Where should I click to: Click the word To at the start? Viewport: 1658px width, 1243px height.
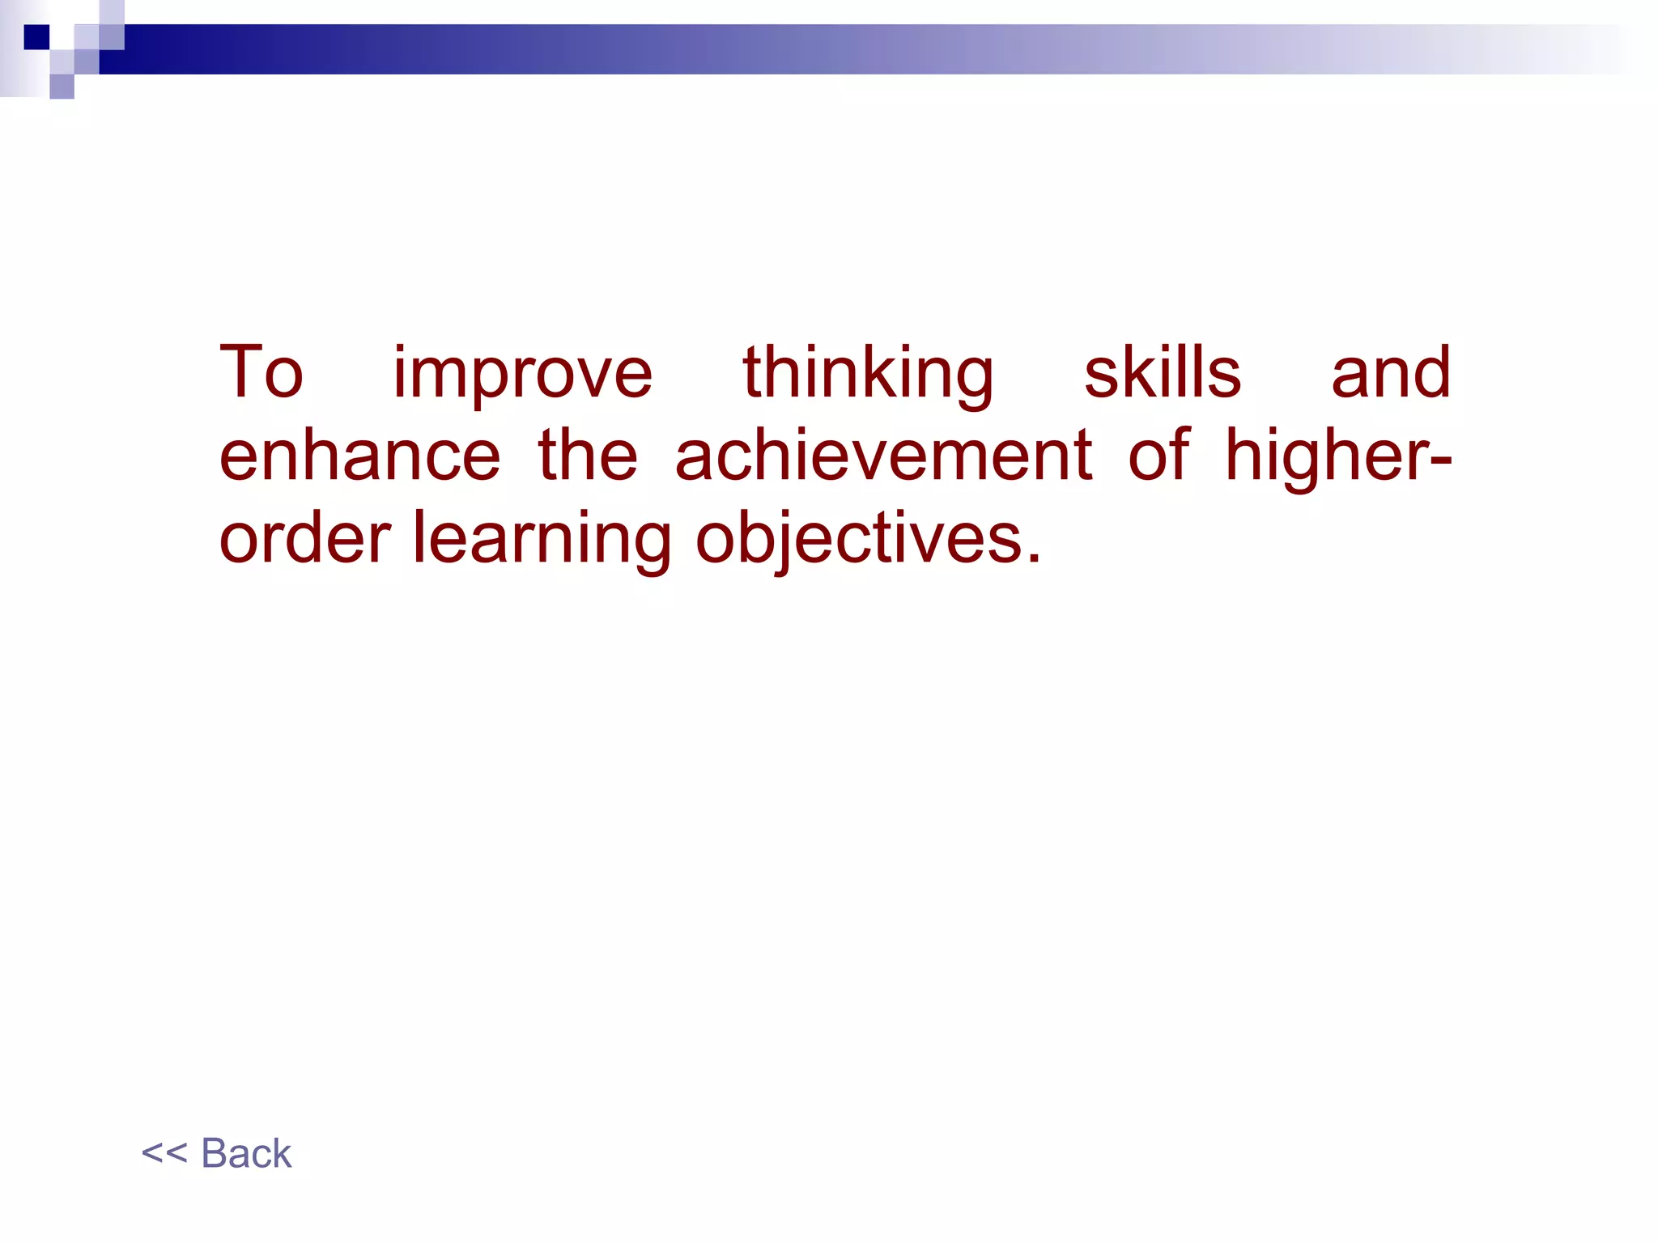[261, 373]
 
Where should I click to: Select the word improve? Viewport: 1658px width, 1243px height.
[522, 375]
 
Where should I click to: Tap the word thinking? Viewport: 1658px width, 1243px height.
[868, 375]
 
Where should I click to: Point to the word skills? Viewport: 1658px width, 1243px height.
[1162, 373]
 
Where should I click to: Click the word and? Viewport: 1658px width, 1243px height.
[1391, 373]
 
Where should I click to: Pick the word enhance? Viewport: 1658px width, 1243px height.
[359, 456]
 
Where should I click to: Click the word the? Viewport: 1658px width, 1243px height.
[588, 456]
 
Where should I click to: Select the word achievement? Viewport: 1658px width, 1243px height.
[883, 456]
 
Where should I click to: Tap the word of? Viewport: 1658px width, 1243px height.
[1158, 456]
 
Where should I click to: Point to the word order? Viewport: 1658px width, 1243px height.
[305, 539]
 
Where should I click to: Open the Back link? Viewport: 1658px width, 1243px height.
[246, 1153]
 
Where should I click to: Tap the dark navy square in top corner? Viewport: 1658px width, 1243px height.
[36, 37]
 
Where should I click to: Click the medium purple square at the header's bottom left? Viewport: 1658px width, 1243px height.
[62, 86]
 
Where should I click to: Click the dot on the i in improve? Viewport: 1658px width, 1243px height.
[401, 349]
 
